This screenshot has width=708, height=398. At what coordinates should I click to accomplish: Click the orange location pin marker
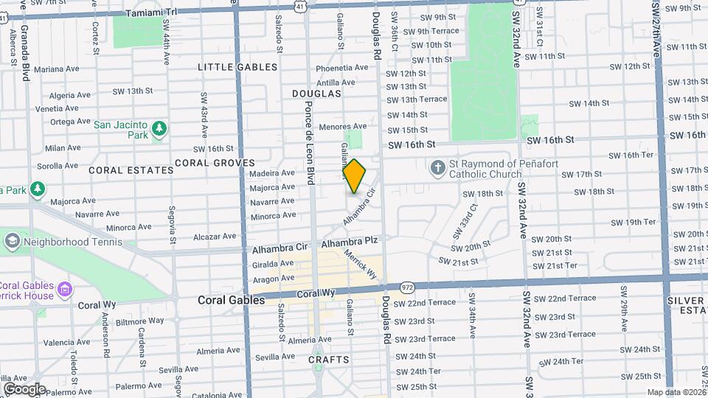tap(355, 175)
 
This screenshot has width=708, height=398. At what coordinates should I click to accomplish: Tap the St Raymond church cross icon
tap(437, 168)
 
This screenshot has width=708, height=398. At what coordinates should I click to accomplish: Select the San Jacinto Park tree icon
tap(159, 130)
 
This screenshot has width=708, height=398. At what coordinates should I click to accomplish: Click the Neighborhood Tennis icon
tap(12, 241)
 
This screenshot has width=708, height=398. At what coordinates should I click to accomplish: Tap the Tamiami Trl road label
tap(152, 13)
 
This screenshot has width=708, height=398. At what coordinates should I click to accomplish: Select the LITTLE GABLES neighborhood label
tap(237, 67)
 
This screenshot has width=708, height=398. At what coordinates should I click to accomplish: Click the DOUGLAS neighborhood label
tap(316, 94)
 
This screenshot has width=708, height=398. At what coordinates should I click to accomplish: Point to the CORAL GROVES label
tap(215, 163)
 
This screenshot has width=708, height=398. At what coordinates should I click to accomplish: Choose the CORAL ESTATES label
tap(131, 170)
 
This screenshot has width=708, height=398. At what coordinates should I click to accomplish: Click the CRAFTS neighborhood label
tap(328, 359)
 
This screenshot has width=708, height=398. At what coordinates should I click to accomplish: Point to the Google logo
tap(24, 388)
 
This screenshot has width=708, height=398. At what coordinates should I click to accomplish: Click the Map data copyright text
tap(675, 392)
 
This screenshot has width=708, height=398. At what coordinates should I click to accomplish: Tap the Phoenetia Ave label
tap(341, 67)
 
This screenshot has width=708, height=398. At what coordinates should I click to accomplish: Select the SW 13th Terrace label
tap(417, 99)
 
